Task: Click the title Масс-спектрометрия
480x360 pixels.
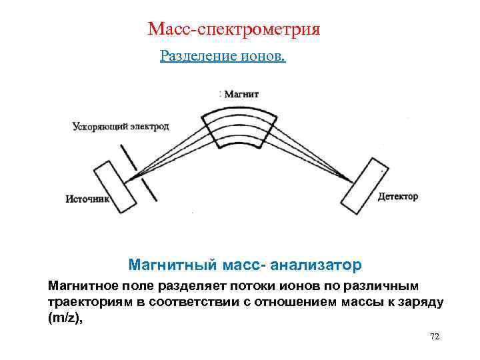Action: click(x=234, y=29)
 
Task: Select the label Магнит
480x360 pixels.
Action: click(x=241, y=94)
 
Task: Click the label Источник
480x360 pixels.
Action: click(x=85, y=198)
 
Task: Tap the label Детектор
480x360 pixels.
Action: click(x=398, y=196)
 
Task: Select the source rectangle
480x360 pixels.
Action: click(x=115, y=187)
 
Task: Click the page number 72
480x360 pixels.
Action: click(x=435, y=337)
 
